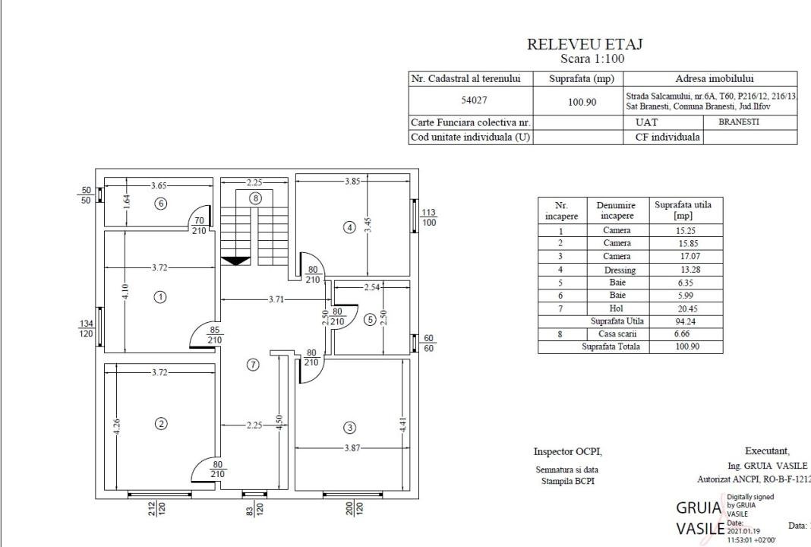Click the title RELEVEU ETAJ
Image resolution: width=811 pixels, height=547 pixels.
[x=585, y=45]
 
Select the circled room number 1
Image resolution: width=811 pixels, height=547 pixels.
[x=160, y=297]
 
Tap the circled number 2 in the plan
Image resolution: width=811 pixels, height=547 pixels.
[x=161, y=424]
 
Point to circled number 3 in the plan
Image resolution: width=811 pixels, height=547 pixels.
[x=350, y=427]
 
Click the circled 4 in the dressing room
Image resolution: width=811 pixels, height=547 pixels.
[x=349, y=226]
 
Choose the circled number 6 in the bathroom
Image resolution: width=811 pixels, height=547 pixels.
[x=160, y=203]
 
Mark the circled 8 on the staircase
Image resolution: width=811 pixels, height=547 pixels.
[x=256, y=198]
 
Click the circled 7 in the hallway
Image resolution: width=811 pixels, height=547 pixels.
[x=254, y=365]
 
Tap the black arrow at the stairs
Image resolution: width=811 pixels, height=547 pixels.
[x=235, y=261]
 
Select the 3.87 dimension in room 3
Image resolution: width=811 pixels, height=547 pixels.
[x=352, y=448]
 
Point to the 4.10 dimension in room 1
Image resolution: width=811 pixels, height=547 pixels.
[x=126, y=291]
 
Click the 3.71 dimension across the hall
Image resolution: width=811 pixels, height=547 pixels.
[x=276, y=299]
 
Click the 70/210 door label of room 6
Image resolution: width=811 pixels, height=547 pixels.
[x=200, y=226]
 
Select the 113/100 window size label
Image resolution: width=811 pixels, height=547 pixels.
[x=429, y=217]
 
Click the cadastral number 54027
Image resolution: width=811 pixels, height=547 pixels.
[x=475, y=101]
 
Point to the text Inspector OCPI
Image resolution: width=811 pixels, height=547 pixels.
[x=567, y=451]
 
